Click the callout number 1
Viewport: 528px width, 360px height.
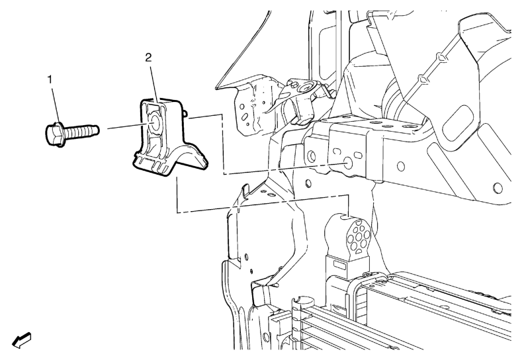(x=50, y=80)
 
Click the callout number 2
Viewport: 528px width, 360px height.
(x=148, y=58)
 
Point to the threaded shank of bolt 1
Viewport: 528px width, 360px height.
(x=81, y=132)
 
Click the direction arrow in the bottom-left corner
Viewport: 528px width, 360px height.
(x=22, y=340)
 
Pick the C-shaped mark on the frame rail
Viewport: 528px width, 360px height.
(x=335, y=151)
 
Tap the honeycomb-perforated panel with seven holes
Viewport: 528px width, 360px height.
(x=359, y=236)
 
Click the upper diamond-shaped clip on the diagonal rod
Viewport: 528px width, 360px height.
(x=442, y=58)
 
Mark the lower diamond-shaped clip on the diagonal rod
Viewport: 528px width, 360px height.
(x=423, y=79)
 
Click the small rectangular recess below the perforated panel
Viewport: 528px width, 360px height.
(x=340, y=266)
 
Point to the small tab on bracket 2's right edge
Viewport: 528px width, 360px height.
(x=184, y=112)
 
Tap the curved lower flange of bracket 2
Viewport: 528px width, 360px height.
(x=189, y=157)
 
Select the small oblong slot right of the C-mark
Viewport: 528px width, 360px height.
(x=357, y=155)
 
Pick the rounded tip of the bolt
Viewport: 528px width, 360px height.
(x=97, y=129)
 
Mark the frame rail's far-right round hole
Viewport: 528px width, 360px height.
(x=498, y=188)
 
